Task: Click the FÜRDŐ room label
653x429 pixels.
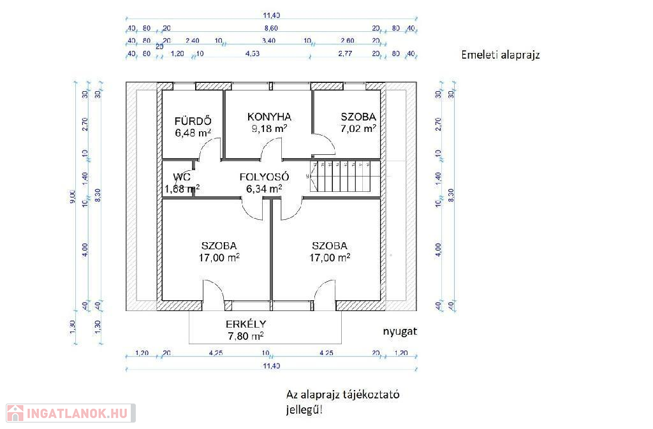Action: (193, 122)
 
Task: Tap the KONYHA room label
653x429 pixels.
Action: (269, 117)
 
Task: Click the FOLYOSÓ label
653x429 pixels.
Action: (265, 177)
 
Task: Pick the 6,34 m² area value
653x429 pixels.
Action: (264, 188)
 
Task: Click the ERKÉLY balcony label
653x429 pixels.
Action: (246, 323)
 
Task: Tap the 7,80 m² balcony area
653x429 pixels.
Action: (246, 335)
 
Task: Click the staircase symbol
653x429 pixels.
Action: (342, 176)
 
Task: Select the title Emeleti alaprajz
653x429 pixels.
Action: (501, 55)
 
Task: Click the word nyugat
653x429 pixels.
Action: (400, 332)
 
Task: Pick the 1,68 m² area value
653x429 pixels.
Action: (182, 188)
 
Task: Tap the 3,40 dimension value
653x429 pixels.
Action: (268, 41)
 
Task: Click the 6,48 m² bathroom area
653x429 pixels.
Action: (193, 133)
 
